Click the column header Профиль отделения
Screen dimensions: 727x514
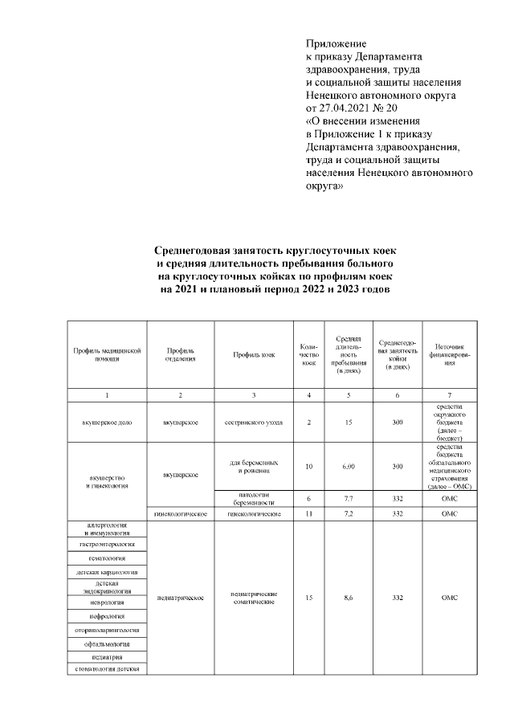[x=181, y=355]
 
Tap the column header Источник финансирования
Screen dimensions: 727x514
[x=451, y=355]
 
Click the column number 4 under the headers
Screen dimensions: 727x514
[x=309, y=395]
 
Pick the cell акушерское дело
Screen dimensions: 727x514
[x=107, y=421]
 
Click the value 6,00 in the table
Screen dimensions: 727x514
[x=348, y=467]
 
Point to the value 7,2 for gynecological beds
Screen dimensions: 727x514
[x=348, y=513]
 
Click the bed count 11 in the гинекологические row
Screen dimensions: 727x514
[x=309, y=513]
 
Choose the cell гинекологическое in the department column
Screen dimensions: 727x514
[x=181, y=513]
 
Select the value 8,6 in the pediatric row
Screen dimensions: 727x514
[x=348, y=598]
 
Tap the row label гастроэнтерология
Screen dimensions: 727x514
[x=107, y=544]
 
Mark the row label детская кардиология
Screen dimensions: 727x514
[x=107, y=572]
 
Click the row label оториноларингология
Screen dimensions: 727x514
[x=107, y=630]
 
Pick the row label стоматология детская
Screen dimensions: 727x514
[x=107, y=668]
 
